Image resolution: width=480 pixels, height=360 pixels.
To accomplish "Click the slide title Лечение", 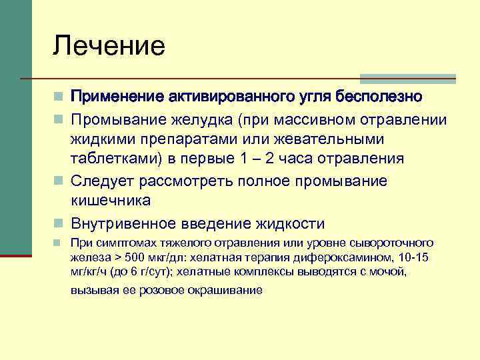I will (x=109, y=46).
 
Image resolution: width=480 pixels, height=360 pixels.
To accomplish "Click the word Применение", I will (x=114, y=97).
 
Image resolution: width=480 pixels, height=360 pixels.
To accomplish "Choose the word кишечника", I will (x=111, y=200).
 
